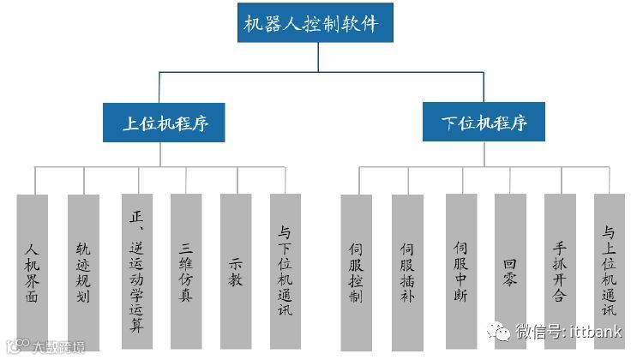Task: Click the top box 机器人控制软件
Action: pyautogui.click(x=315, y=22)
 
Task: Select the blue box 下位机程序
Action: pyautogui.click(x=484, y=123)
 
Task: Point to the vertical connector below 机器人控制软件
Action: pyautogui.click(x=318, y=56)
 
